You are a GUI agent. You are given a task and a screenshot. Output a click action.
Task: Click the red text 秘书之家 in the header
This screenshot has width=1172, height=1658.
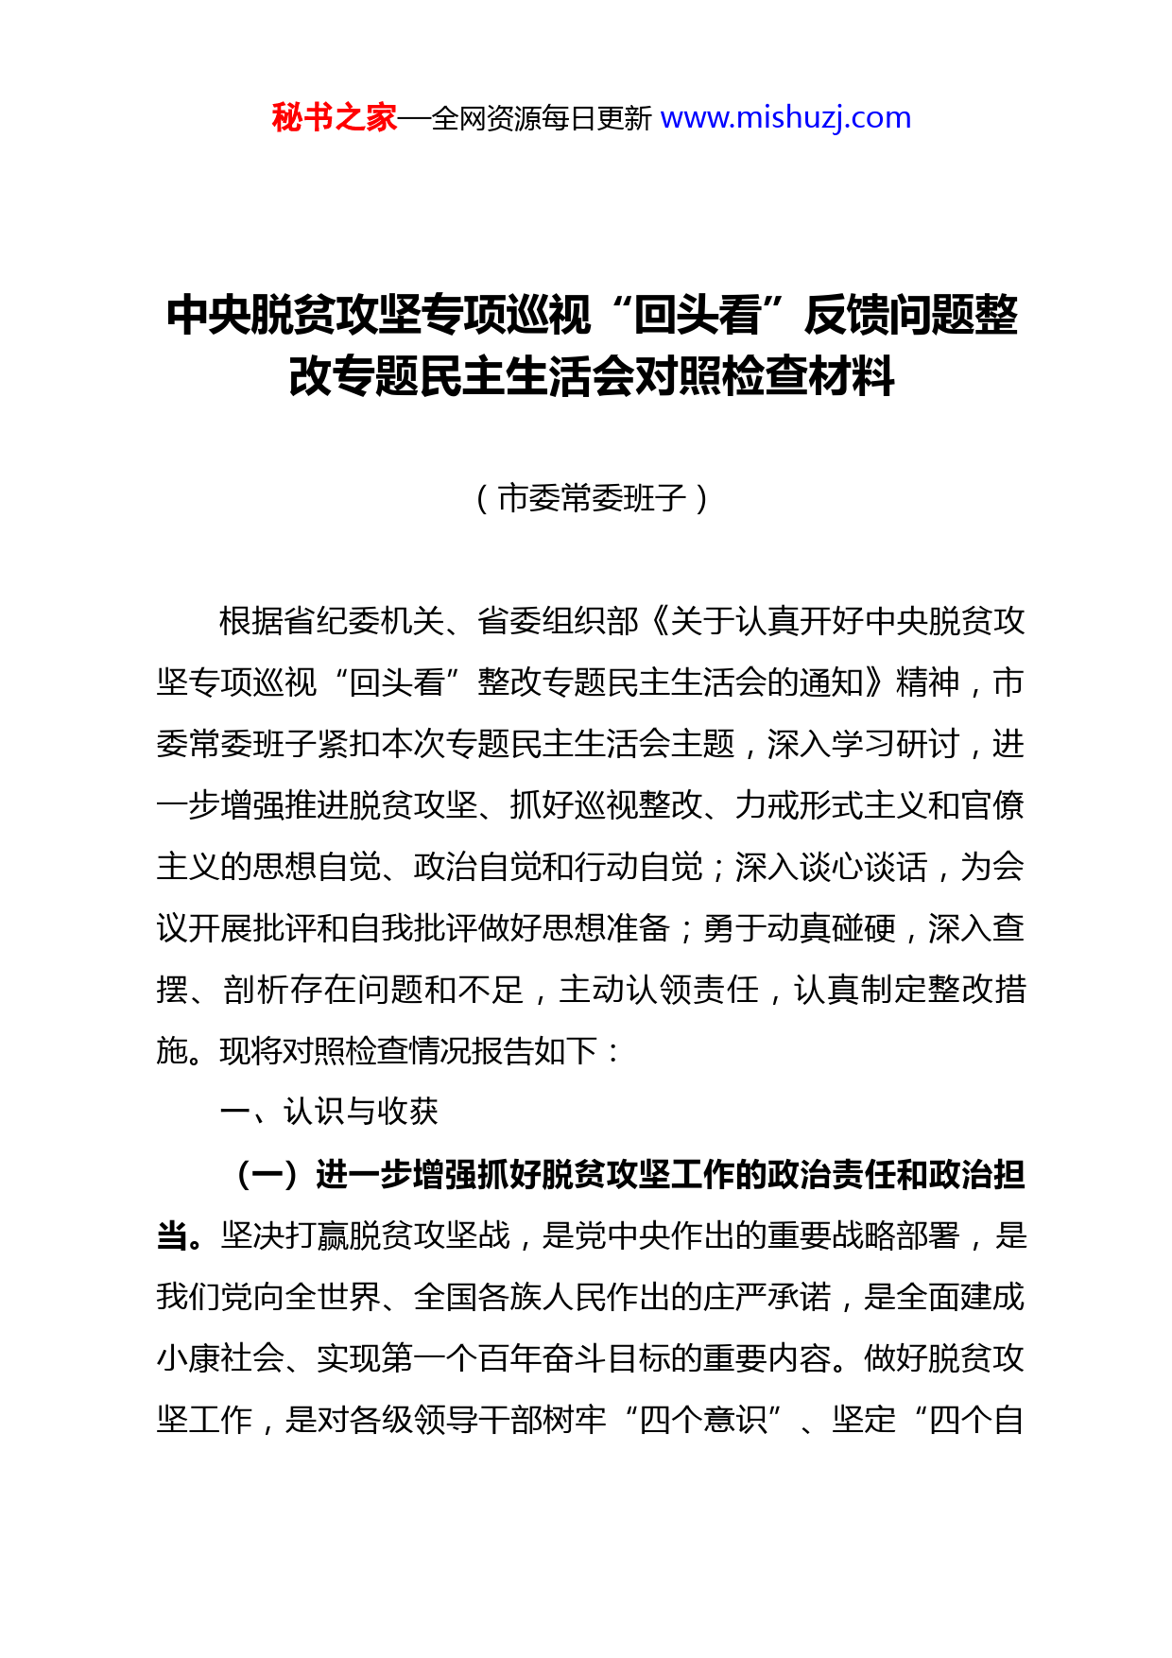click(334, 118)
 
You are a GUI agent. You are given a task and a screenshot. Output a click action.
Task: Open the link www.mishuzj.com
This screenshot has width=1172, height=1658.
click(785, 118)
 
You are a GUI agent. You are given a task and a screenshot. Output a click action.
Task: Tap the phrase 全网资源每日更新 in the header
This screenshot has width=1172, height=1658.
click(541, 119)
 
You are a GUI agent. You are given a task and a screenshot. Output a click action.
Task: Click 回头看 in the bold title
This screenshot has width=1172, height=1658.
click(697, 316)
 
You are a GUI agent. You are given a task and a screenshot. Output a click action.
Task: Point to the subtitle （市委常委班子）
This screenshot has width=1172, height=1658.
click(592, 498)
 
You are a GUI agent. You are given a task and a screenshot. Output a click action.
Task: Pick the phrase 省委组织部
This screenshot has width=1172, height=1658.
click(559, 621)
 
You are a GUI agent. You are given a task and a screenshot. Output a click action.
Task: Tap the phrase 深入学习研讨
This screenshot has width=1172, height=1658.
click(864, 744)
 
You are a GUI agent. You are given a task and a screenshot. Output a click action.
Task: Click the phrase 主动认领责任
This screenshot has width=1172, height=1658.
click(659, 990)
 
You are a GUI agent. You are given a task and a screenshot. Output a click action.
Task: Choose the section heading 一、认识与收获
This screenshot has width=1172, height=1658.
click(329, 1112)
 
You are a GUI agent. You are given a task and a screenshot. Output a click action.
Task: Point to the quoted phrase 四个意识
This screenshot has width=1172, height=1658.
click(703, 1420)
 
